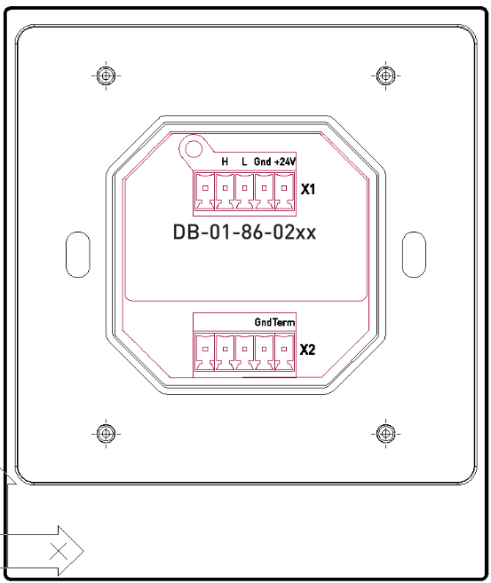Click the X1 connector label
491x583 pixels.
(x=309, y=190)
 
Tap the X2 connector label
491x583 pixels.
(x=308, y=350)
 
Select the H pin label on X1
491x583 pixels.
(x=225, y=162)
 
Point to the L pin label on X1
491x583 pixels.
(x=244, y=162)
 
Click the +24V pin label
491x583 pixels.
(x=284, y=162)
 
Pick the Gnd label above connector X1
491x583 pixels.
(x=263, y=162)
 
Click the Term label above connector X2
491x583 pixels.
(x=283, y=323)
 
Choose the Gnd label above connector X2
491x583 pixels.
(x=263, y=323)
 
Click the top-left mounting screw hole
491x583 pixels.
(x=106, y=75)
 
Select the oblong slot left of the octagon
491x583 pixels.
(x=78, y=254)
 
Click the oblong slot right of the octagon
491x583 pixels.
(x=413, y=254)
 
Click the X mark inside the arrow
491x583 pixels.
(x=60, y=551)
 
